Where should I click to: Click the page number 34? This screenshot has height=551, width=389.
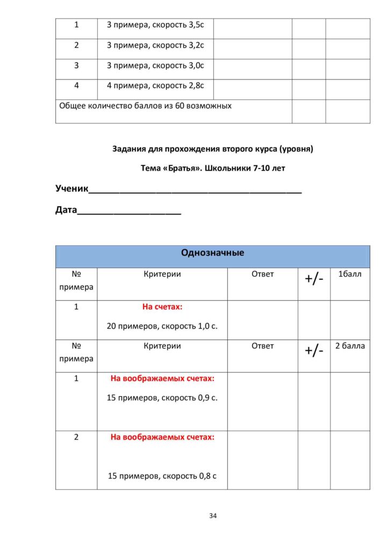213,515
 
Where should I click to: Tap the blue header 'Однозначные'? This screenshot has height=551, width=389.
213,252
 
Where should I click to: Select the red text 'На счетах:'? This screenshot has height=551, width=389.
162,307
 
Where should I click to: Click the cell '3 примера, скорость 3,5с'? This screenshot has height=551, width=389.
155,25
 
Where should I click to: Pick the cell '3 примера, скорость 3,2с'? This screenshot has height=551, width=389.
155,45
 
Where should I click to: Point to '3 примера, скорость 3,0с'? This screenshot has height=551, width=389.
155,66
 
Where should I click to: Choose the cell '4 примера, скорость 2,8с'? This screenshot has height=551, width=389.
155,86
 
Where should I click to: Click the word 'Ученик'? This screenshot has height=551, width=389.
71,188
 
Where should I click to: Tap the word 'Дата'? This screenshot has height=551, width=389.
67,210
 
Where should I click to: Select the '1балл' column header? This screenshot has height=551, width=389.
350,274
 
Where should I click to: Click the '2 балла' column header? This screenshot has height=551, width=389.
350,346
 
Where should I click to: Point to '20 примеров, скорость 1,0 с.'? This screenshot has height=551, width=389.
162,326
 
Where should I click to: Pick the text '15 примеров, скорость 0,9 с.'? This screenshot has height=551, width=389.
162,398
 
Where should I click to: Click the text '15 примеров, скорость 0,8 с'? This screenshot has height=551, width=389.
162,476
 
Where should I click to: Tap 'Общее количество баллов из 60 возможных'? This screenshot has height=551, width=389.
145,106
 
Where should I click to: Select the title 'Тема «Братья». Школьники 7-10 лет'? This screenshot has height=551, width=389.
213,168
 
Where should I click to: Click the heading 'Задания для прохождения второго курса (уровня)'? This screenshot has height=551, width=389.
213,149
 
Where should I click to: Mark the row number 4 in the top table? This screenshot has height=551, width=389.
76,86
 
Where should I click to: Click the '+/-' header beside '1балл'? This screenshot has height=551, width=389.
314,279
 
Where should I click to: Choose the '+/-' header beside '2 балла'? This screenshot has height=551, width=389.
314,351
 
